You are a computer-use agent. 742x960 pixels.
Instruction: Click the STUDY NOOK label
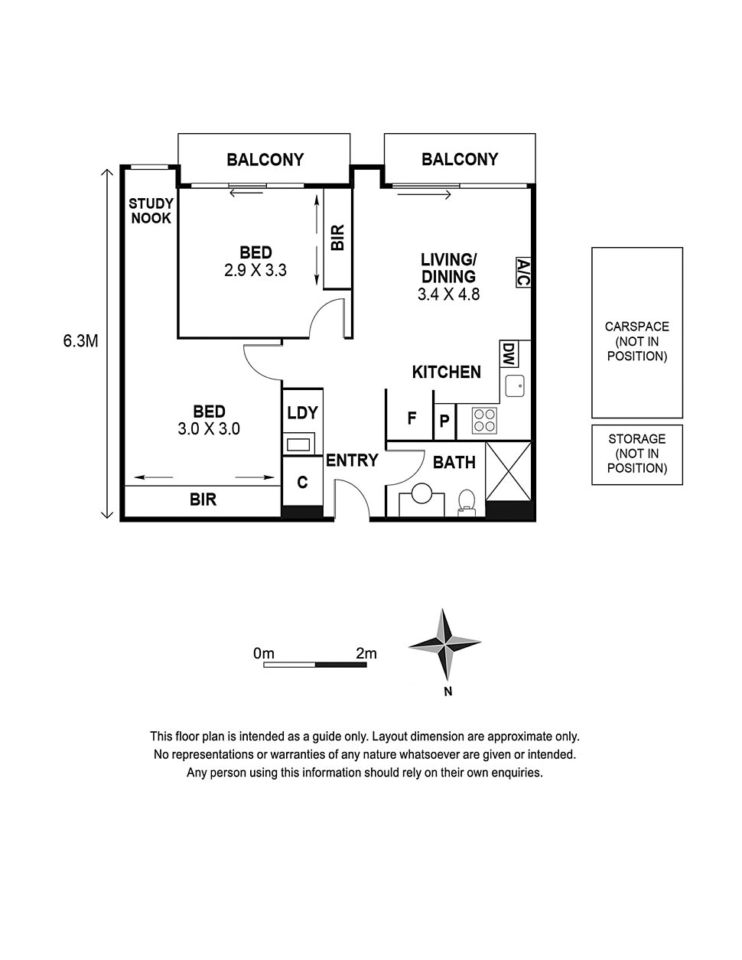click(151, 210)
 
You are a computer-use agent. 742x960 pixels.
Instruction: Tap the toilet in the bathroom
click(467, 503)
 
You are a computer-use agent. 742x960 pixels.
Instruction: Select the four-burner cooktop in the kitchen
click(483, 420)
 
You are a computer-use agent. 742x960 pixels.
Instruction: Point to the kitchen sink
click(515, 386)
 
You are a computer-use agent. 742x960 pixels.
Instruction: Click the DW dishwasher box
click(509, 353)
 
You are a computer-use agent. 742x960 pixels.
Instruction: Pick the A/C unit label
click(523, 272)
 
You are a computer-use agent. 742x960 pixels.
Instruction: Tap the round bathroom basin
click(421, 494)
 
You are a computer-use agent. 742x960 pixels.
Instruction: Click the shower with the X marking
click(509, 471)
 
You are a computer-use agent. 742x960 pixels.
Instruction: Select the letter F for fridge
click(412, 418)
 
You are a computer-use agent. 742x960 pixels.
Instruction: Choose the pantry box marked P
click(444, 421)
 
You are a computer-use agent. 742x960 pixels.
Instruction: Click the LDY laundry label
click(303, 412)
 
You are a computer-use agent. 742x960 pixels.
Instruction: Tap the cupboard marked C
click(303, 482)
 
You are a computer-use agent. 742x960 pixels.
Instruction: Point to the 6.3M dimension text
click(80, 341)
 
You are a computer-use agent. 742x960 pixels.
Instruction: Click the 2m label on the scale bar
click(366, 653)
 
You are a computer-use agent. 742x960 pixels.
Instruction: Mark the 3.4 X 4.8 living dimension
click(448, 295)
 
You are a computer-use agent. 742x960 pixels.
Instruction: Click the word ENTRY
click(352, 460)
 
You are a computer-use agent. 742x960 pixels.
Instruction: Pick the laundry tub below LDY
click(298, 444)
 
